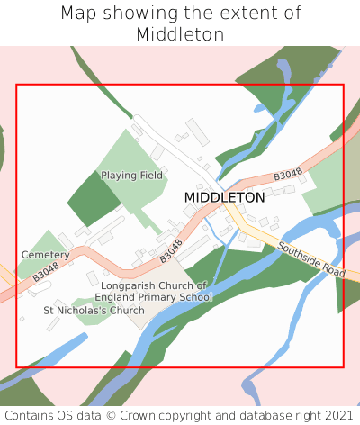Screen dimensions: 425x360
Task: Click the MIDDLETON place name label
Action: pyautogui.click(x=224, y=197)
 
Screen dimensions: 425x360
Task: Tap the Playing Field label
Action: pyautogui.click(x=131, y=176)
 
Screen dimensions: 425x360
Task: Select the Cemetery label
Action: pyautogui.click(x=45, y=256)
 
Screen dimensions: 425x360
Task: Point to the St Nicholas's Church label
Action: pyautogui.click(x=94, y=311)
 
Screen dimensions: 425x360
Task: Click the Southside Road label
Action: pyautogui.click(x=311, y=259)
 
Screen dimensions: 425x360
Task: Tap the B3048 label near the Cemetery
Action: pyautogui.click(x=46, y=272)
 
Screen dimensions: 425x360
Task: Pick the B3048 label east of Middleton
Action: pyautogui.click(x=287, y=175)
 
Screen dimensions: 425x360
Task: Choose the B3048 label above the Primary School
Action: pyautogui.click(x=171, y=250)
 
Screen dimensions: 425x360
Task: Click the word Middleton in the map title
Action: pyautogui.click(x=180, y=34)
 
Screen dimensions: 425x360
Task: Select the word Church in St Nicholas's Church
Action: pyautogui.click(x=125, y=311)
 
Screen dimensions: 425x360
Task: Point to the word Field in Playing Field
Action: pyautogui.click(x=151, y=176)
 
